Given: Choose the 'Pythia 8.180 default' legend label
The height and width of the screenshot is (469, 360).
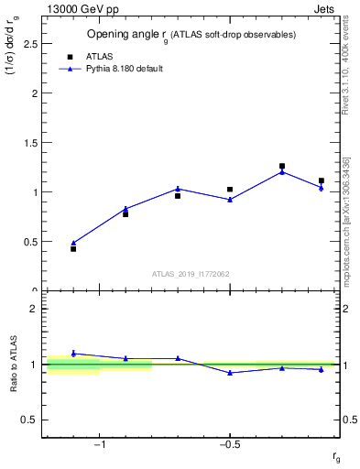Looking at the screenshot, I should [x=124, y=69].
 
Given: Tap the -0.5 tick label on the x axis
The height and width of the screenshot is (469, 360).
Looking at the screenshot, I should [x=228, y=445].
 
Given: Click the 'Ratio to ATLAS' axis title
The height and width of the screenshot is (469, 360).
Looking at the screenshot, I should [x=14, y=364].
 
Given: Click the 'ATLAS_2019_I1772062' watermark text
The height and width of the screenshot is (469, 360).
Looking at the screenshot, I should [x=191, y=274].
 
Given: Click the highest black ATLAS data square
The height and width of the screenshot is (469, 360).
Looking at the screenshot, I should [x=282, y=166].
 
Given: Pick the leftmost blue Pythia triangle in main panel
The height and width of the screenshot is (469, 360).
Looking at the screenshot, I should [x=73, y=243].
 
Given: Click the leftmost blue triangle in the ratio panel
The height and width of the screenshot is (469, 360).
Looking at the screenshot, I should [x=73, y=353].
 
